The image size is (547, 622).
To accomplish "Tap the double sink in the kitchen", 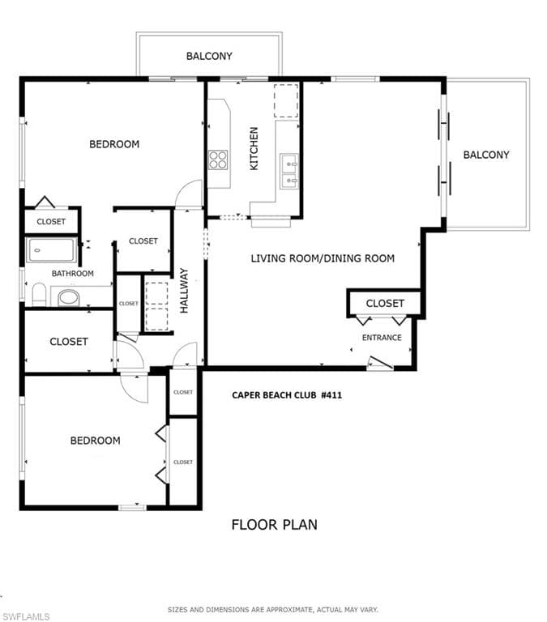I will point(288,171).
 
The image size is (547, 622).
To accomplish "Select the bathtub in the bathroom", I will point(52,249).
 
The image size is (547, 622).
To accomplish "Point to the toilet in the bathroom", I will point(37,295).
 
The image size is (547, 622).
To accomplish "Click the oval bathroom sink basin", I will point(69,298).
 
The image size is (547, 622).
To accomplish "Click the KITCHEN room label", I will point(254,147).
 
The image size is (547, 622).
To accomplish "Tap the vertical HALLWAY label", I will point(184,290).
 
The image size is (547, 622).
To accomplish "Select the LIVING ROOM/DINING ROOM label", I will point(323,258).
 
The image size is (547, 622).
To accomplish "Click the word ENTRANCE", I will point(381,337).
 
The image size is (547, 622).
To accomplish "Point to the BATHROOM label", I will point(73,274).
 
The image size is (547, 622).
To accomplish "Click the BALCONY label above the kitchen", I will point(209,56).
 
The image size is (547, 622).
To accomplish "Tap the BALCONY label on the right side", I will point(486,155).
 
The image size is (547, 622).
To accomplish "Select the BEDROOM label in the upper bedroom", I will point(114,144).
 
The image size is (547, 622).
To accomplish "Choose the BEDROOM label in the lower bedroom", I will point(95,441).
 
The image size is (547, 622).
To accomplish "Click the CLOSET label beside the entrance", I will point(385,303).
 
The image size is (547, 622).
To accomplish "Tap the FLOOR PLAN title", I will point(274,524).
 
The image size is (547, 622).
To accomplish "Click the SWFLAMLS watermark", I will point(26,616).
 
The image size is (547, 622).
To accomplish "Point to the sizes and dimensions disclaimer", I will point(273,609).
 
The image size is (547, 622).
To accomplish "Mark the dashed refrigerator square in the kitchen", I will point(285,100).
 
